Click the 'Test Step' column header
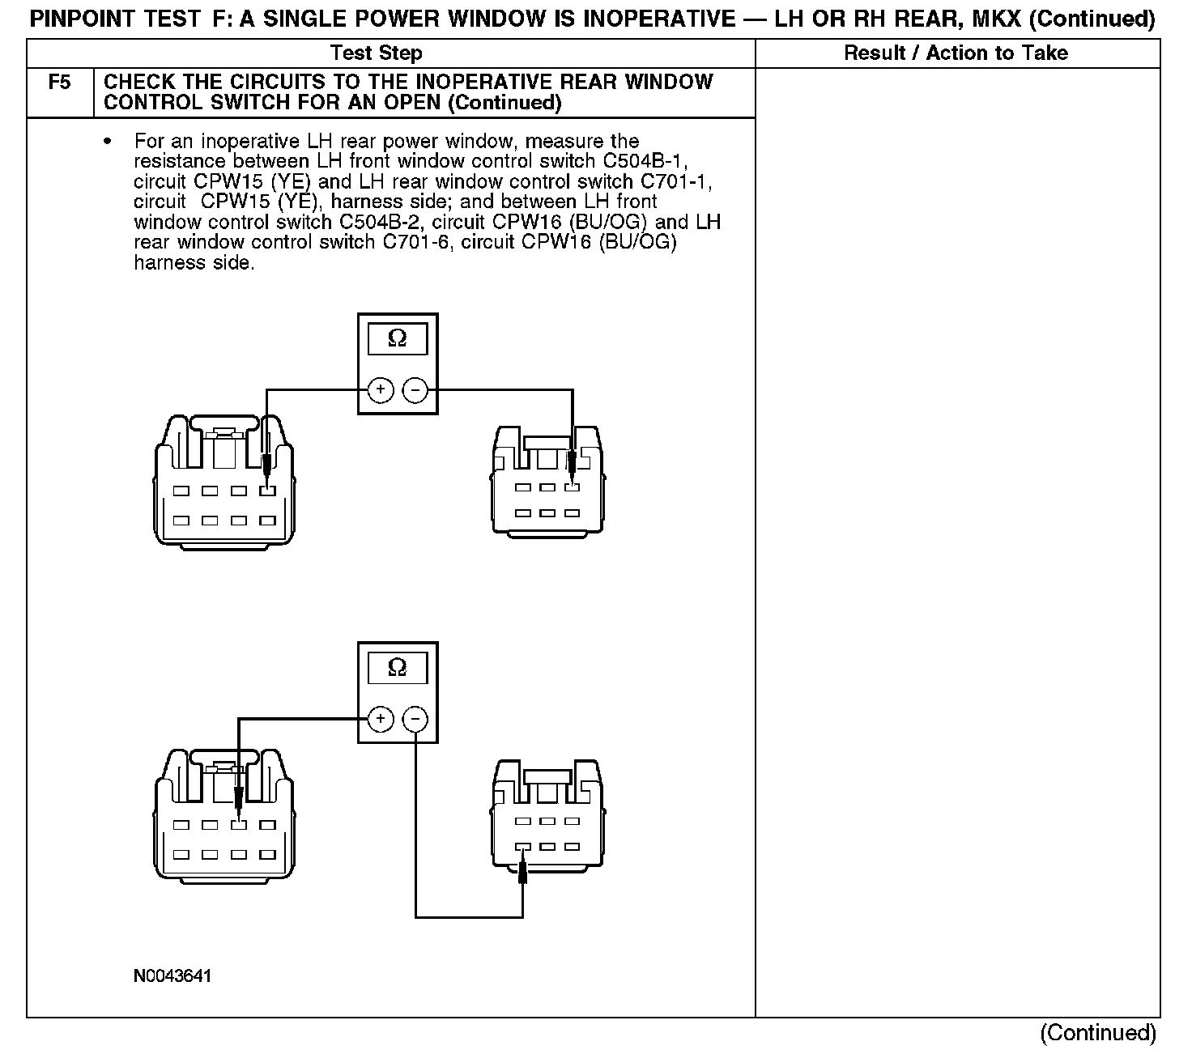pyautogui.click(x=377, y=53)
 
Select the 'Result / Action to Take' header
pyautogui.click(x=956, y=53)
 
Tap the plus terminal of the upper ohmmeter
pyautogui.click(x=380, y=390)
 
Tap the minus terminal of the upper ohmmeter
pyautogui.click(x=415, y=390)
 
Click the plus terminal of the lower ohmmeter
pyautogui.click(x=380, y=719)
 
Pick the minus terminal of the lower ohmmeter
pyautogui.click(x=415, y=719)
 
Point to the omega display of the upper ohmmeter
pyautogui.click(x=398, y=338)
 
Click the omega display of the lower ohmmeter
pyautogui.click(x=398, y=667)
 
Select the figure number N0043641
pyautogui.click(x=172, y=976)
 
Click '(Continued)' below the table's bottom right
pyautogui.click(x=1098, y=1033)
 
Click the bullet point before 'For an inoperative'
pyautogui.click(x=107, y=142)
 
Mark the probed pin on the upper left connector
pyautogui.click(x=266, y=491)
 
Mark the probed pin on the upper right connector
pyautogui.click(x=572, y=487)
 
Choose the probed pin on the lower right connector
pyautogui.click(x=522, y=848)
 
